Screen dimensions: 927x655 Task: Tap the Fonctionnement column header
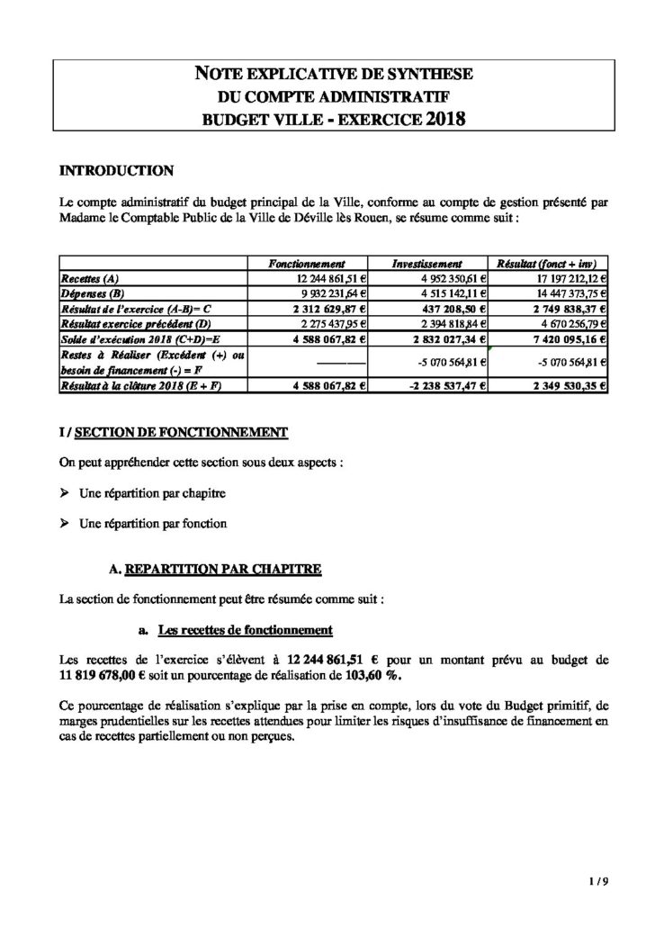point(308,265)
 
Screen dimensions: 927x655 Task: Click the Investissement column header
point(427,265)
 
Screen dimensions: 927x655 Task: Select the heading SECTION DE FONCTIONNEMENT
point(180,433)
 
